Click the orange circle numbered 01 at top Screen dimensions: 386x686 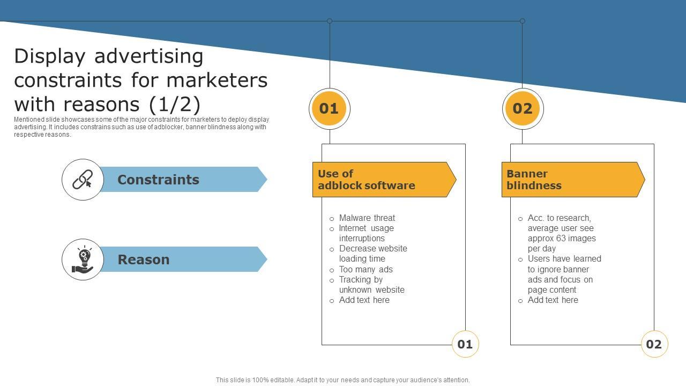(329, 109)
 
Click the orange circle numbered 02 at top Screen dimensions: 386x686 (523, 109)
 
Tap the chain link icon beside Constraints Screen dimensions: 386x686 (83, 180)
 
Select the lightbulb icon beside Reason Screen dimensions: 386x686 (83, 259)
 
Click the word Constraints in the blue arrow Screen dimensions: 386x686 (158, 180)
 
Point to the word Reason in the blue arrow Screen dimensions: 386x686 (143, 259)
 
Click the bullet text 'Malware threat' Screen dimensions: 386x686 (367, 218)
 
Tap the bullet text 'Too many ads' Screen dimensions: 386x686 (366, 270)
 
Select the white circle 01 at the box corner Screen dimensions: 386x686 (465, 344)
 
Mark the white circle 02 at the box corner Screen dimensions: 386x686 (654, 344)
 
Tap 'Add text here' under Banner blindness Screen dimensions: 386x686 (553, 300)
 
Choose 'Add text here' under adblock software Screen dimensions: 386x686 (364, 300)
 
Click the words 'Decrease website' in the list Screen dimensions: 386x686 (373, 249)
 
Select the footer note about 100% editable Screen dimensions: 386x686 (343, 380)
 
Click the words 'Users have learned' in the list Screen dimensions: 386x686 (564, 259)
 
